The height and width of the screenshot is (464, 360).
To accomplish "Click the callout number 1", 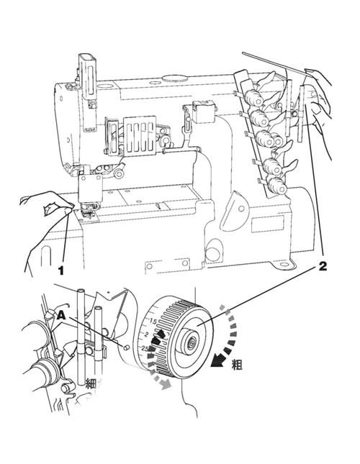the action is pyautogui.click(x=60, y=270).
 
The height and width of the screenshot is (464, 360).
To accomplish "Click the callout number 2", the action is pyautogui.click(x=323, y=266).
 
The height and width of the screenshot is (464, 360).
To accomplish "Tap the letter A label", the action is pyautogui.click(x=61, y=315).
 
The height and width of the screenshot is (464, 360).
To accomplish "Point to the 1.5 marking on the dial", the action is pyautogui.click(x=153, y=321).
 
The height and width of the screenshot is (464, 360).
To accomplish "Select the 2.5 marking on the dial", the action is pyautogui.click(x=145, y=348).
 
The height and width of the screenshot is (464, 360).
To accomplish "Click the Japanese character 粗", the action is pyautogui.click(x=237, y=364).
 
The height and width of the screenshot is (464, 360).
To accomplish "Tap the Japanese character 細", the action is pyautogui.click(x=90, y=383).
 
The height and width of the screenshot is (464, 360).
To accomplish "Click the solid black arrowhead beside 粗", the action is pyautogui.click(x=217, y=360).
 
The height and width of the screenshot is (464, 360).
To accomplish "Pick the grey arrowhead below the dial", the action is pyautogui.click(x=166, y=383).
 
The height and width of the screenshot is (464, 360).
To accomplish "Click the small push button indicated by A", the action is pyautogui.click(x=126, y=347).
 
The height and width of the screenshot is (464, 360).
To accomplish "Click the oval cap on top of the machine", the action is pyautogui.click(x=175, y=78).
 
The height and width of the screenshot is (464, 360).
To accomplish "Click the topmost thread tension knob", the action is pyautogui.click(x=253, y=97).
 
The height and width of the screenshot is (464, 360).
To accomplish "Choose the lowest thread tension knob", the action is pyautogui.click(x=276, y=186).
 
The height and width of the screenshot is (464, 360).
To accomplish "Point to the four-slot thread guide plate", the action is pyautogui.click(x=140, y=135).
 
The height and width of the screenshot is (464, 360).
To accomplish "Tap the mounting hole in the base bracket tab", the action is pyautogui.click(x=285, y=264).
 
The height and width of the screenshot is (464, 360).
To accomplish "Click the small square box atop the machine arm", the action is pyautogui.click(x=204, y=112).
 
